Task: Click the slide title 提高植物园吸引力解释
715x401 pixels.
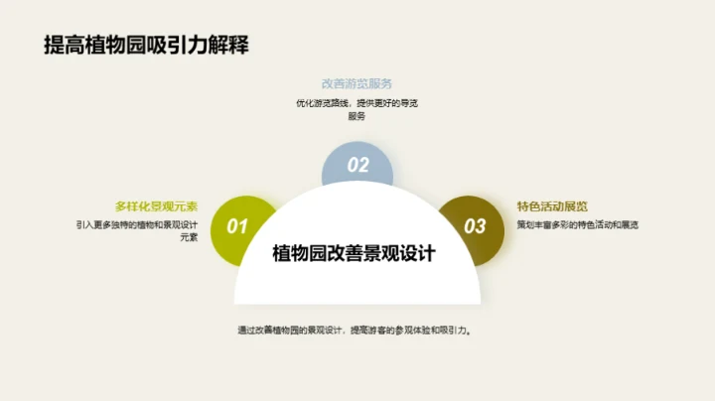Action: pos(146,46)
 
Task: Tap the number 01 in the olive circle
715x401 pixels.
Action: pos(237,227)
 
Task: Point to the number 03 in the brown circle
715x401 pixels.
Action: pos(476,227)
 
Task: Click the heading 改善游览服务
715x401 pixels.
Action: pos(357,83)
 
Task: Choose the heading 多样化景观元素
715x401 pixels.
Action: pos(157,206)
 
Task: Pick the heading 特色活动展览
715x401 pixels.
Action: pos(552,206)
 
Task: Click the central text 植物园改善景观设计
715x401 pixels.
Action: pos(355,253)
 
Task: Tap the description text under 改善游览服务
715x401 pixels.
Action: pos(357,109)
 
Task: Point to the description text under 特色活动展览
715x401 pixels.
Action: pos(576,225)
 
